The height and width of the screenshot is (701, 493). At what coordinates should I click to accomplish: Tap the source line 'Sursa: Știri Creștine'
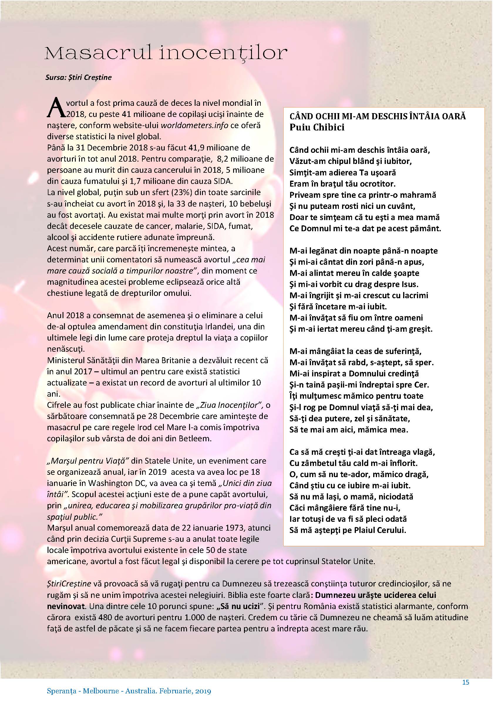click(79, 77)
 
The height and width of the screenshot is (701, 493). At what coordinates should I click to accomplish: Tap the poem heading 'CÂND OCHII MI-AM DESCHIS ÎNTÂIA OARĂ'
click(378, 116)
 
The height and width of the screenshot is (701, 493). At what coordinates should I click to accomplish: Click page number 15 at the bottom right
click(465, 682)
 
